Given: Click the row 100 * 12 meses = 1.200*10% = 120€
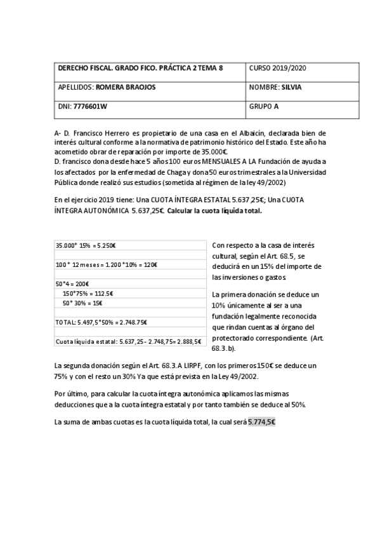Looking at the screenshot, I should coord(107,264).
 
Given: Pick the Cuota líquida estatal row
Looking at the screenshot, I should coord(129,341).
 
